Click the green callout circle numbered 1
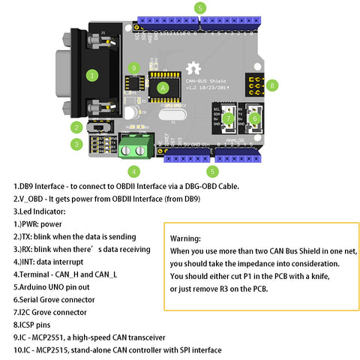92,75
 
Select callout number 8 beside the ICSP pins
272,85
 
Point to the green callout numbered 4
133,171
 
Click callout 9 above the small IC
134,68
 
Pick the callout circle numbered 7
228,118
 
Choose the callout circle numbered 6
254,118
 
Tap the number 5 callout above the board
199,7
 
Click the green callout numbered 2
76,127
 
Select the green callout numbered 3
76,144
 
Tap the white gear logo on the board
198,63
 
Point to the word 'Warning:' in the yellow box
186,238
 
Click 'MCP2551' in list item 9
46,337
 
